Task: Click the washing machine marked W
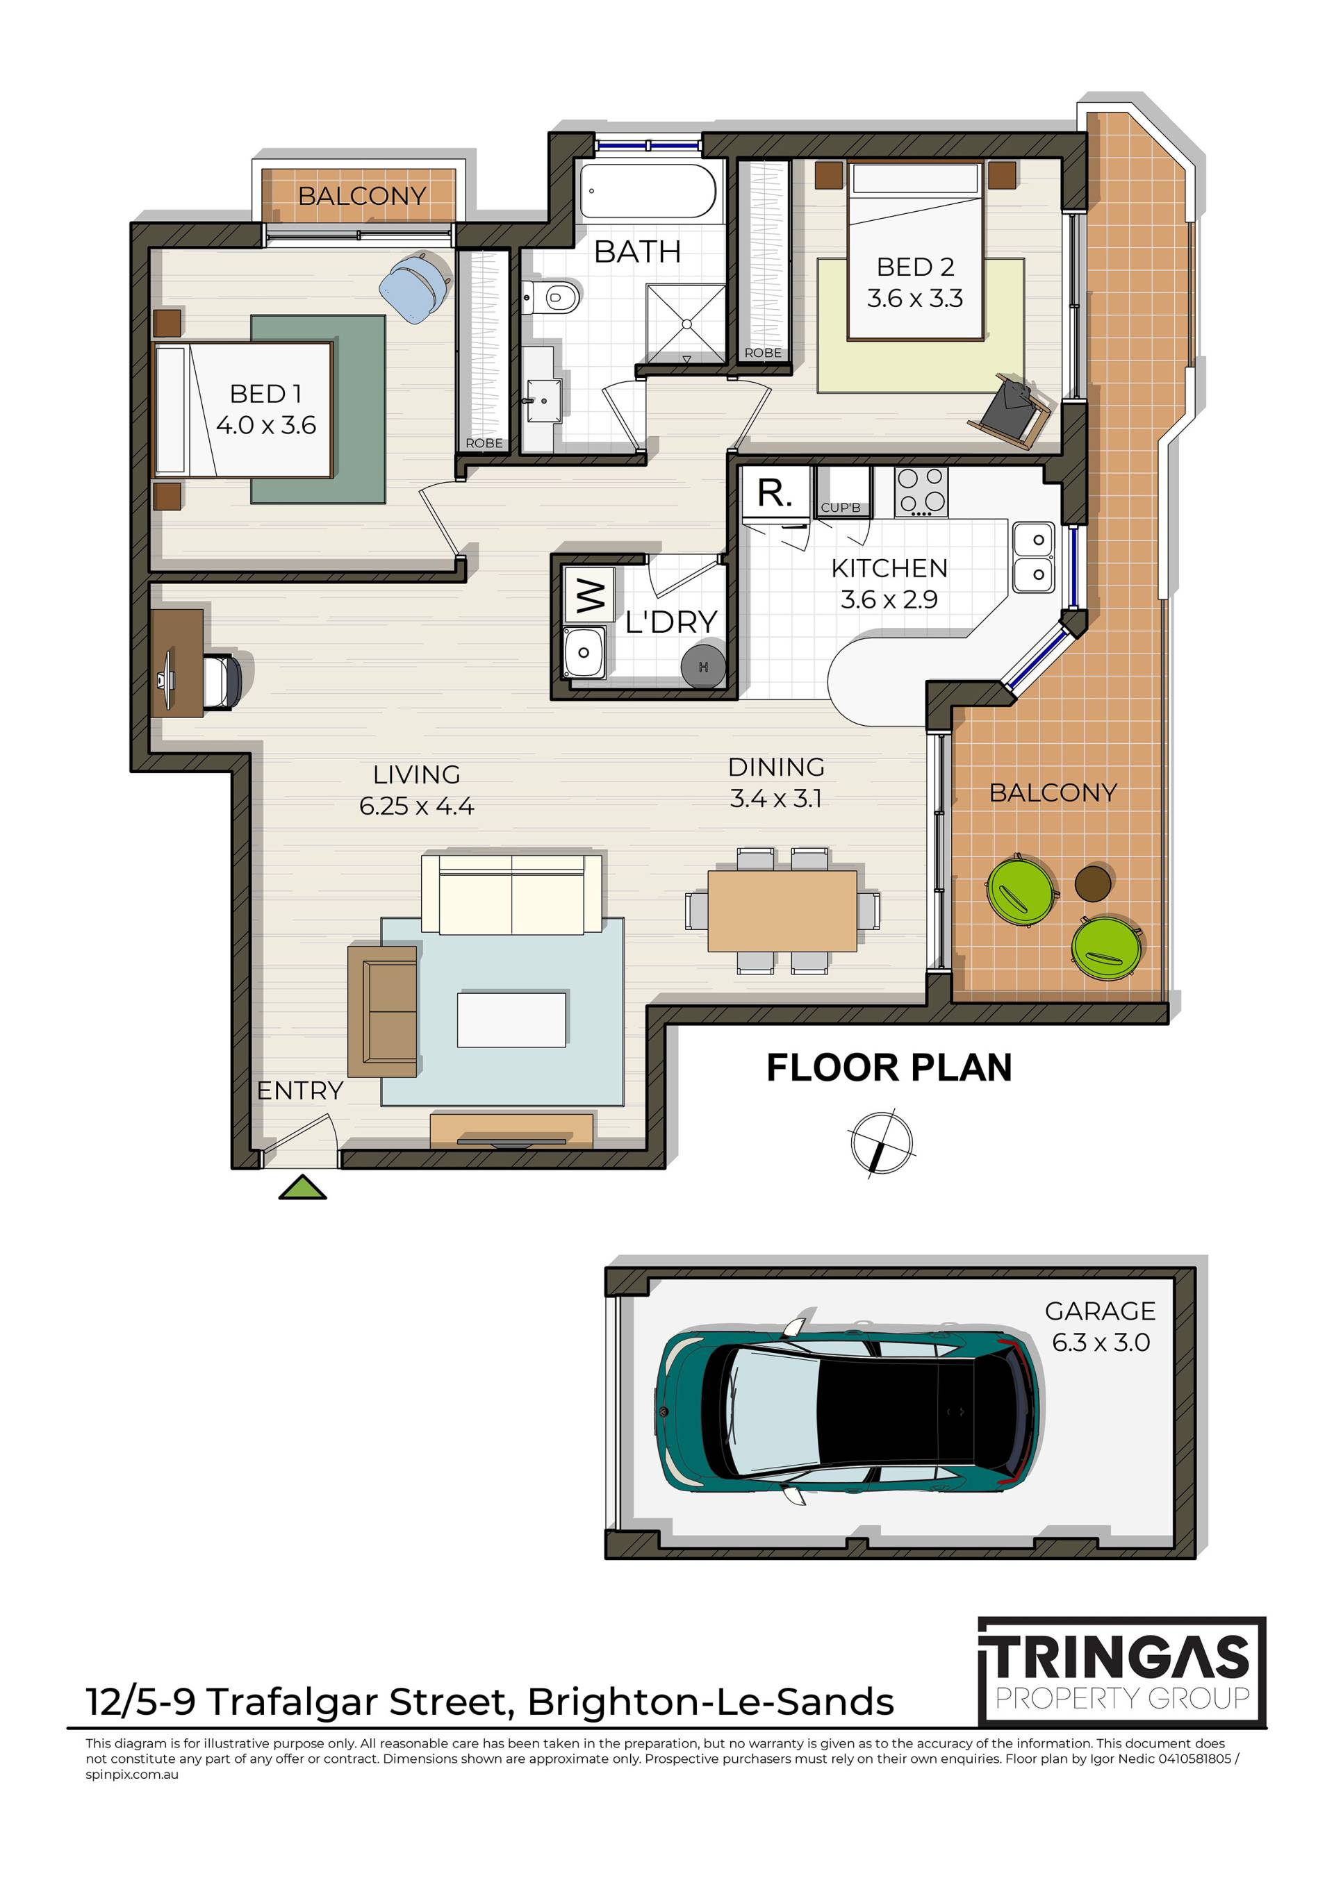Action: [x=589, y=595]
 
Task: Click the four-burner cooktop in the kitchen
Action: [x=921, y=491]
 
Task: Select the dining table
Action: [x=782, y=911]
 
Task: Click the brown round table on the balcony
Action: [x=1094, y=883]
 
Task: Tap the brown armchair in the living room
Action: [x=383, y=1011]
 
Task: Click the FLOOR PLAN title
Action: [x=889, y=1068]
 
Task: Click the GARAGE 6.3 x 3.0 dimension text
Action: [x=1100, y=1327]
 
